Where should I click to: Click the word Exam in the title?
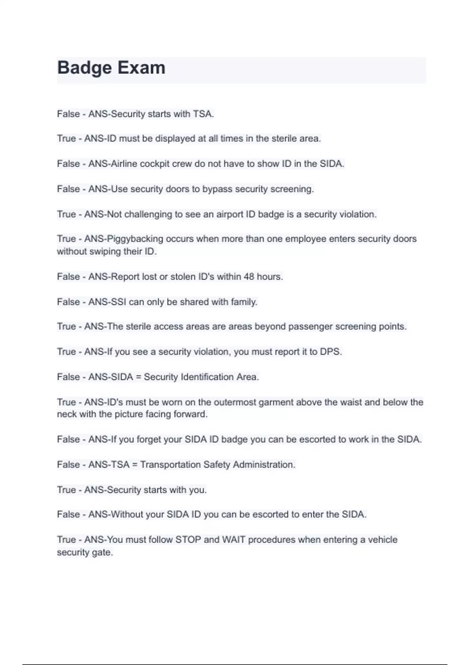point(141,68)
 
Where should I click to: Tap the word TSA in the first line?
point(202,114)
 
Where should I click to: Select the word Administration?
point(263,465)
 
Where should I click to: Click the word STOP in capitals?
point(188,540)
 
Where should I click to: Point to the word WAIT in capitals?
point(233,540)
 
